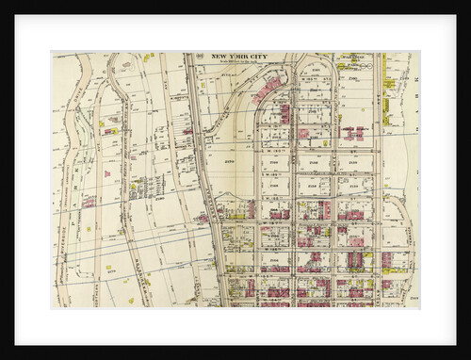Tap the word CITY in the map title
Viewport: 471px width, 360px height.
(257, 57)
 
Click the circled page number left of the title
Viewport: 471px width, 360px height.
(201, 57)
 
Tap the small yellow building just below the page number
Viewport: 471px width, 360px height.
(203, 72)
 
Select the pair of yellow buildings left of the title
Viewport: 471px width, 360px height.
(148, 57)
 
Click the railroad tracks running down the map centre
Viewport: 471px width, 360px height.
(209, 188)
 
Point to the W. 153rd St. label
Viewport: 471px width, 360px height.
(273, 150)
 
